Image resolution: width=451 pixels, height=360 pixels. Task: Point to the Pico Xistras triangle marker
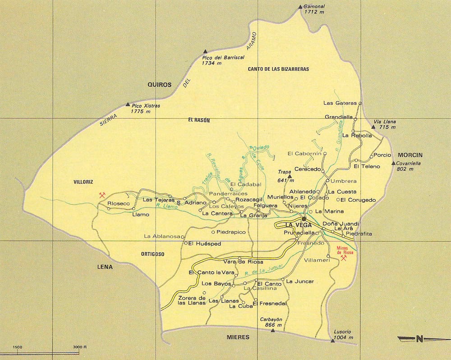pos(128,104)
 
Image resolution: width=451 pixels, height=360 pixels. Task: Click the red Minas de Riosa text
pos(345,250)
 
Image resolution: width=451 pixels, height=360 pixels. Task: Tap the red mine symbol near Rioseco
pos(103,195)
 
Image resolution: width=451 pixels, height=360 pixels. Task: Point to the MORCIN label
pos(410,155)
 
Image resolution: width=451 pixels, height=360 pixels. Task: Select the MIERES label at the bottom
pos(238,337)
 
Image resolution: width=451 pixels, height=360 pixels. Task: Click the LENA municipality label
pos(105,267)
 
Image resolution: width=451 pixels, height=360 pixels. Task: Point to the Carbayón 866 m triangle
pos(272,331)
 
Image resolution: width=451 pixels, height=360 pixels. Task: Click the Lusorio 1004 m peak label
pos(342,334)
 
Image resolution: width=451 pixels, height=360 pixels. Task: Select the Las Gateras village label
pos(340,103)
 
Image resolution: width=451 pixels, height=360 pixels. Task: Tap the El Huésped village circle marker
pos(185,243)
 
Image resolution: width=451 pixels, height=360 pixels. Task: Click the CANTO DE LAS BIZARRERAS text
pos(278,69)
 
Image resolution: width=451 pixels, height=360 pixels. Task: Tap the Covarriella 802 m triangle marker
pos(393,163)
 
